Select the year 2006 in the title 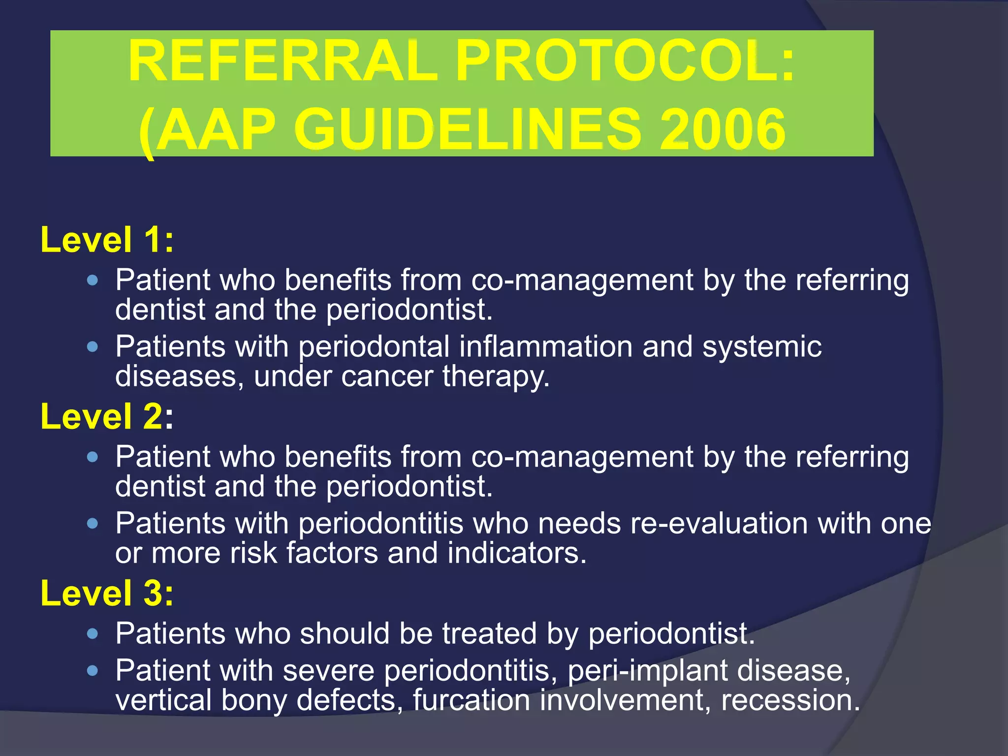pos(722,130)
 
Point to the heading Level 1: pos(107,240)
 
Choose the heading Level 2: pos(107,417)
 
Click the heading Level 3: pos(107,593)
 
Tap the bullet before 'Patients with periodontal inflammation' pos(92,347)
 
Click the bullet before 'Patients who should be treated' pos(92,633)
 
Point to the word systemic pos(761,347)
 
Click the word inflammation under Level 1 pos(545,347)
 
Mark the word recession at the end pos(789,700)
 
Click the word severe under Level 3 pos(328,671)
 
